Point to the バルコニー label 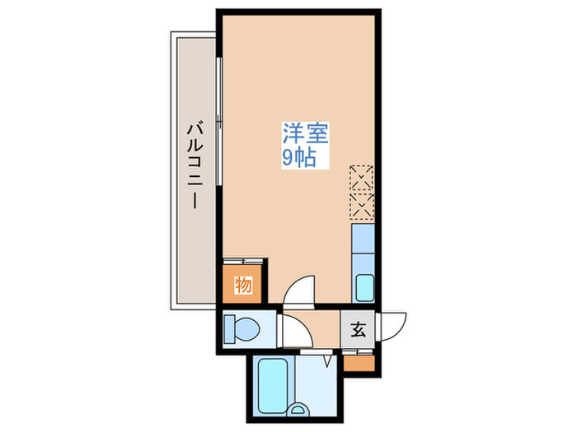click(195, 165)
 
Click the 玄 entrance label click(359, 330)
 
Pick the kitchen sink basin click(364, 289)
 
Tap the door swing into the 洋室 click(299, 290)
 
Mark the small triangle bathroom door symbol click(327, 360)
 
